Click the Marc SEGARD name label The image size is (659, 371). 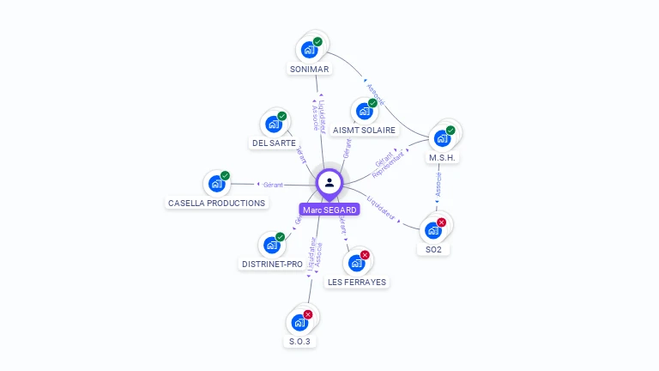coord(329,210)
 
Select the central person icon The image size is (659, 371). coord(329,182)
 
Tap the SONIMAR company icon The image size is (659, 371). coord(309,50)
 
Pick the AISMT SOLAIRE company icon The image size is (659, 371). coord(364,111)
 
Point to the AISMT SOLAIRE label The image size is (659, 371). coord(365,130)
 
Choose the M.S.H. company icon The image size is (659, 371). coord(442,138)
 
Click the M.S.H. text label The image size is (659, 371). coord(443,157)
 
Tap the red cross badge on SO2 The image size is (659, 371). coord(442,222)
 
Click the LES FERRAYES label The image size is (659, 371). coord(357,282)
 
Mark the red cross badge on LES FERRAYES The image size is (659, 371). coord(365,255)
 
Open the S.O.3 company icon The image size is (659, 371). coord(299,322)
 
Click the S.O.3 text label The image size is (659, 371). coord(299,341)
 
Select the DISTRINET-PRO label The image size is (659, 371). coord(272,264)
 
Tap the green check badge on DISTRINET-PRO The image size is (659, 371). coord(280,237)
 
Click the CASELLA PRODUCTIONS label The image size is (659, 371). coord(217,203)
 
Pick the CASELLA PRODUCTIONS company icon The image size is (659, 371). coord(216,184)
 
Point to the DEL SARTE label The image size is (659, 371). coord(274,143)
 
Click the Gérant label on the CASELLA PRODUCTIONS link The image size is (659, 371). coord(273,185)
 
